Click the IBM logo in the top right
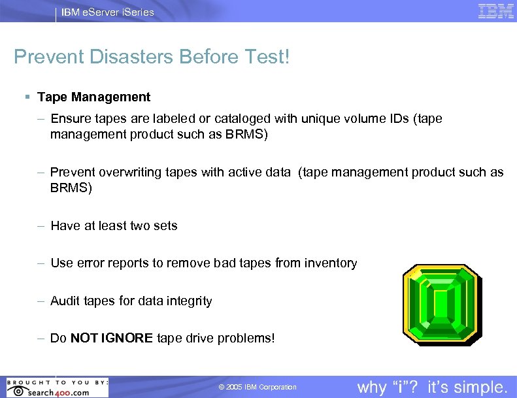495,11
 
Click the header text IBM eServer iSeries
108,12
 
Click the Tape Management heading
93,97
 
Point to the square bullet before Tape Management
26,97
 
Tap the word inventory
330,263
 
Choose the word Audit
65,301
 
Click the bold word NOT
84,339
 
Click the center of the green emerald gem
443,303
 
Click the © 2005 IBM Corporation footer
258,388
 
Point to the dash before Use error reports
41,263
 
